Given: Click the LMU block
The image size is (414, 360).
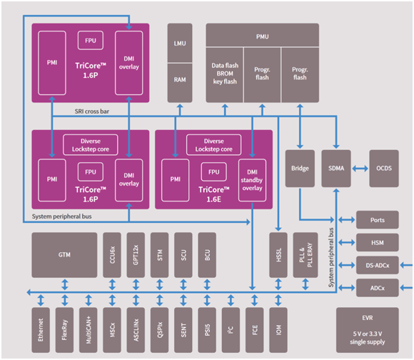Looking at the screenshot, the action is pos(180,43).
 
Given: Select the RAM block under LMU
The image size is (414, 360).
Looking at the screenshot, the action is pos(180,83).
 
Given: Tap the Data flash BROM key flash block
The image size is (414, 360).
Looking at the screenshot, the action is pos(224,75).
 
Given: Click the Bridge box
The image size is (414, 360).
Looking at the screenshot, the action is pos(300,169).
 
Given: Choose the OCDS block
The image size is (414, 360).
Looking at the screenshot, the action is pos(384,169).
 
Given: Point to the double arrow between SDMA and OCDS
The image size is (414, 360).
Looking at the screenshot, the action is pos(360,169).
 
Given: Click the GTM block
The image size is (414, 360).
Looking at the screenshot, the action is pos(64,255).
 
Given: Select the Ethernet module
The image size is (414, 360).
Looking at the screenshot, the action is pos(41,330).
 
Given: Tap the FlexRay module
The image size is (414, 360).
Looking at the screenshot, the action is pos(64,330).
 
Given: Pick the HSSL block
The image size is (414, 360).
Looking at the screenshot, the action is pos(278,255).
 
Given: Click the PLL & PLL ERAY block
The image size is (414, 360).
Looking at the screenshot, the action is pos(306,255).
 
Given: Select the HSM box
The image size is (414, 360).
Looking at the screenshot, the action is pos(378,242).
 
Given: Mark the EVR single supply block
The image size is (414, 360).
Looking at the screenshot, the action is pos(368,330).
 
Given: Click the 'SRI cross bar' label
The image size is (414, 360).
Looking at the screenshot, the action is pos(92,111).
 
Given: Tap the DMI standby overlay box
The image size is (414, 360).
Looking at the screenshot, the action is pos(252,180).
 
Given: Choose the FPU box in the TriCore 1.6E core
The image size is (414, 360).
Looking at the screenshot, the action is pos(213,172).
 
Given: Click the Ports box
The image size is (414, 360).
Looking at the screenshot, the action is pos(378,220).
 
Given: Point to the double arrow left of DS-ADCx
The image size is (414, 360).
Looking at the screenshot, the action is pos(346,265).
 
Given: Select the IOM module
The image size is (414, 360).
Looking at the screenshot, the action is pos(278,330).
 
